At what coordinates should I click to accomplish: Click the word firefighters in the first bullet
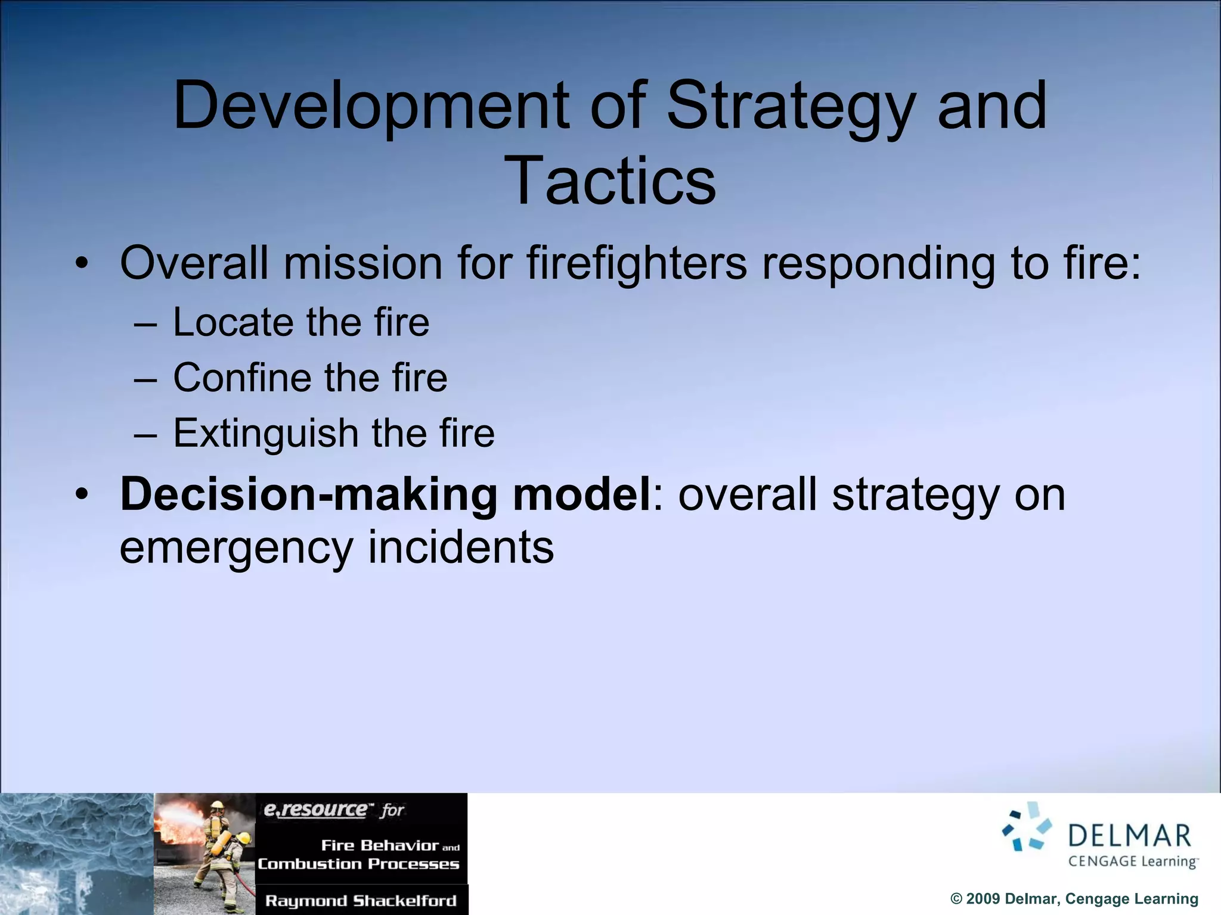[x=636, y=263]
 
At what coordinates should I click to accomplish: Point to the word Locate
[x=233, y=322]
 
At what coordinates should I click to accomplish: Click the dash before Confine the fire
[x=145, y=379]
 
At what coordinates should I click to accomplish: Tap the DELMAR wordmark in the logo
[x=1129, y=836]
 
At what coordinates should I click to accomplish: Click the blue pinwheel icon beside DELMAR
[x=1027, y=827]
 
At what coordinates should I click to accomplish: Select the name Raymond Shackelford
[x=361, y=901]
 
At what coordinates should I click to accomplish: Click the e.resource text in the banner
[x=315, y=809]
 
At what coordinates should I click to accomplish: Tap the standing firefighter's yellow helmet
[x=216, y=805]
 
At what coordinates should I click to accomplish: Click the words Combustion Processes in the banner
[x=358, y=864]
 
